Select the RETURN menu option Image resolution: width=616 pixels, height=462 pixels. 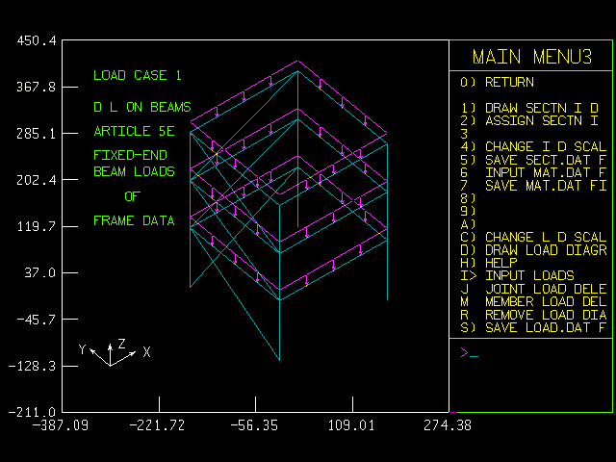tap(511, 82)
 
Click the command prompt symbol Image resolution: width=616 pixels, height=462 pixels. tap(464, 352)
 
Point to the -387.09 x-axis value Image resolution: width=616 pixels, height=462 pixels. tap(60, 424)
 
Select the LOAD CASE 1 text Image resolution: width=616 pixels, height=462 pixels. tap(137, 75)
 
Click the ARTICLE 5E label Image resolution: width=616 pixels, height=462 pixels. tap(134, 132)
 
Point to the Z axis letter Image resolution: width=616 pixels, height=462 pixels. tap(121, 343)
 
